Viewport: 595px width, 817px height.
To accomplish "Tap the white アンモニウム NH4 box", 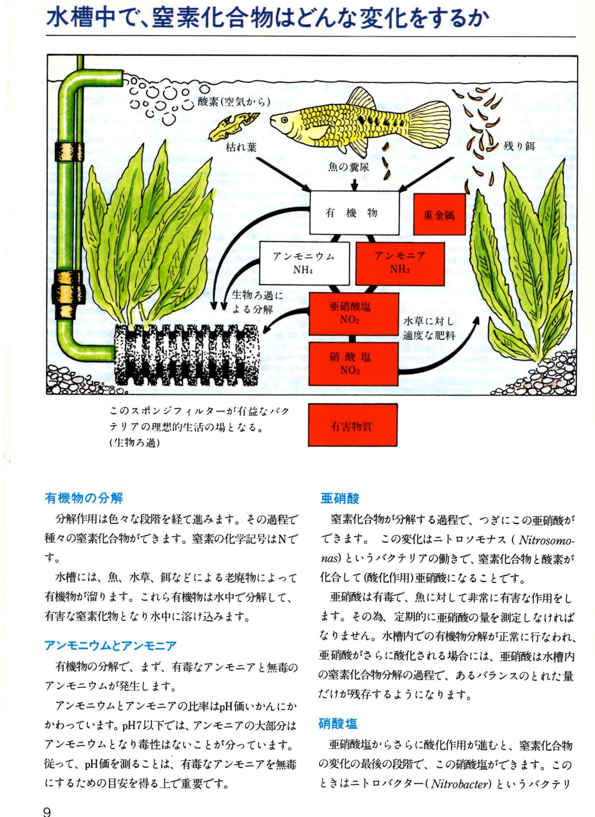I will (x=304, y=263).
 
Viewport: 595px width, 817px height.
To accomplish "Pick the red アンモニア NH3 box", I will (x=400, y=263).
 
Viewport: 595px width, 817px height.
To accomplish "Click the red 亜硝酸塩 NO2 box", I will (x=350, y=313).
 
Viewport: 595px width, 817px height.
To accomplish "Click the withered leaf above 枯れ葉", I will (x=234, y=126).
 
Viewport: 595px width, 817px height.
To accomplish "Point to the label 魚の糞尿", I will (x=349, y=167).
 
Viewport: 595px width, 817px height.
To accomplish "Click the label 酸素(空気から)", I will (x=234, y=102).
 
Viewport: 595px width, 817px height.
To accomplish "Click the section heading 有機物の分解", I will (x=84, y=498).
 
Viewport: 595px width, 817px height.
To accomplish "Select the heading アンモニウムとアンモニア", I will (x=110, y=645).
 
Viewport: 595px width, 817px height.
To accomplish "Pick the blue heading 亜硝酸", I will (x=339, y=499).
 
